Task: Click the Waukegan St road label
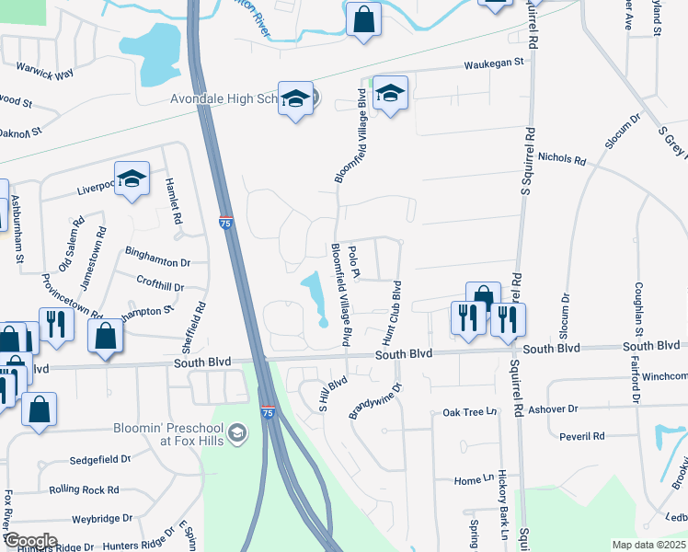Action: (x=493, y=63)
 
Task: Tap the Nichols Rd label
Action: (x=562, y=159)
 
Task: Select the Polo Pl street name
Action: (x=355, y=261)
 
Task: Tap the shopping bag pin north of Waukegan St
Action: (x=363, y=18)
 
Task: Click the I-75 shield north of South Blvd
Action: (x=225, y=222)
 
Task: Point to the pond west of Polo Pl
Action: (x=314, y=295)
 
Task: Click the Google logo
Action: (x=29, y=541)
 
